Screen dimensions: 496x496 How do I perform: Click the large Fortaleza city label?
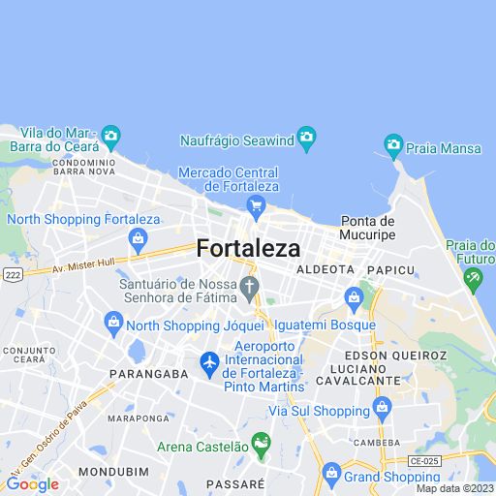click(x=248, y=248)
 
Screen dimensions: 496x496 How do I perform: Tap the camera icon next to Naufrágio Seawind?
click(x=307, y=136)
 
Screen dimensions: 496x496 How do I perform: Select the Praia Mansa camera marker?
click(x=393, y=145)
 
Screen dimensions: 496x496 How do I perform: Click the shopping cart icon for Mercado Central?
click(x=256, y=204)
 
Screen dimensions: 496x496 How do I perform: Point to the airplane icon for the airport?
click(x=209, y=362)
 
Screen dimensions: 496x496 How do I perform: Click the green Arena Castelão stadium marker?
click(x=260, y=445)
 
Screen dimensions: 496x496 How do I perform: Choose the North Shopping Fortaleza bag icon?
click(x=139, y=238)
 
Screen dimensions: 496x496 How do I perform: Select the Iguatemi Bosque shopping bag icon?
click(x=354, y=295)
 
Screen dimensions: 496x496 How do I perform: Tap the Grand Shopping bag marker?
click(x=331, y=475)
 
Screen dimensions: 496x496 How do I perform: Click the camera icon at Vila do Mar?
click(x=110, y=135)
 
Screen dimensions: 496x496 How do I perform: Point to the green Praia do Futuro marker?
click(x=474, y=281)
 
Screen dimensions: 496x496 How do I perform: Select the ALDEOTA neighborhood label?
click(x=325, y=268)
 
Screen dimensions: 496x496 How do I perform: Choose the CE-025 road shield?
click(x=424, y=461)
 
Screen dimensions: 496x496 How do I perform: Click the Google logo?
click(x=32, y=483)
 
